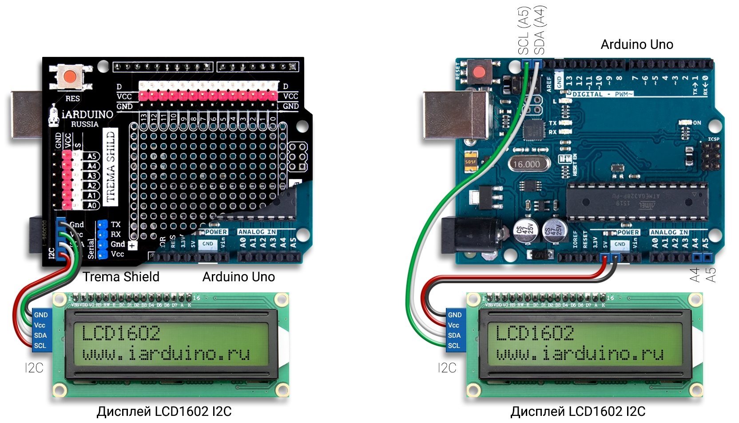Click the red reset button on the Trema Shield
(70, 77)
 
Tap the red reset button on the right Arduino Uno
(479, 72)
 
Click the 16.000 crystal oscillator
(527, 164)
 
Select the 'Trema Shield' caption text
(121, 277)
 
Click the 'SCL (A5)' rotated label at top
(524, 30)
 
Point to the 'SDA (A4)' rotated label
(540, 30)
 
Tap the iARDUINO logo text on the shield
(87, 115)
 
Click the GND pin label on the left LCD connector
(41, 315)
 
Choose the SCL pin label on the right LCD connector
(454, 346)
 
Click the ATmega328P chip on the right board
(637, 201)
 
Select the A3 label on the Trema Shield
(92, 176)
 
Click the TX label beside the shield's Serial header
(116, 225)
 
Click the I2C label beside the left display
(34, 368)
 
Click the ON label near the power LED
(697, 123)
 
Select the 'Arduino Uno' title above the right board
(636, 44)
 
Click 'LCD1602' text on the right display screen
(535, 333)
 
